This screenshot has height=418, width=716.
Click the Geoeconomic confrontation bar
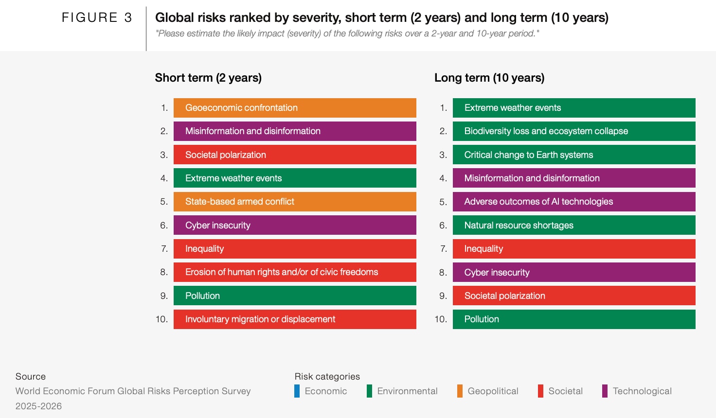tap(295, 108)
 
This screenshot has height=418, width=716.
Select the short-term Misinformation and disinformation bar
tap(295, 131)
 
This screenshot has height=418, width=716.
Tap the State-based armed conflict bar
tap(295, 202)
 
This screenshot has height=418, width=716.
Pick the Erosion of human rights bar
tap(295, 272)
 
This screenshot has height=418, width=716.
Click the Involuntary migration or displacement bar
tap(295, 319)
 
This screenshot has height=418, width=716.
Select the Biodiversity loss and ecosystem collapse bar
tap(574, 131)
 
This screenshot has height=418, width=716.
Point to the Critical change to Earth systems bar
tap(574, 155)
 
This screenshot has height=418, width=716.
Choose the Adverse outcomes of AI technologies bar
tap(574, 202)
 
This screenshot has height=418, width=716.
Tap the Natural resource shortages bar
tap(574, 226)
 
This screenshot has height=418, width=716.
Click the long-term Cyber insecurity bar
tap(574, 273)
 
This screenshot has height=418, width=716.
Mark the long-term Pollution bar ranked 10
tap(574, 319)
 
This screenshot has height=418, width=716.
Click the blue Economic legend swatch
tap(297, 391)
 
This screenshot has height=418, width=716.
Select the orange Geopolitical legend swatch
tap(460, 391)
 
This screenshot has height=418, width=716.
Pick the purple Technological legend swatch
tap(605, 391)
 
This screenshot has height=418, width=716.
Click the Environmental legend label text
tap(407, 391)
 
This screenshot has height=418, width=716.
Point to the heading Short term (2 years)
tap(208, 78)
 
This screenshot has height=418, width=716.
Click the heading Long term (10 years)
tap(489, 78)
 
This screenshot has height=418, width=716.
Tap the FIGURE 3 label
tap(97, 18)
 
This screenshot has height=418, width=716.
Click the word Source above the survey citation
tap(31, 377)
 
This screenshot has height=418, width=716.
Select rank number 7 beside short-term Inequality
tap(164, 249)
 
